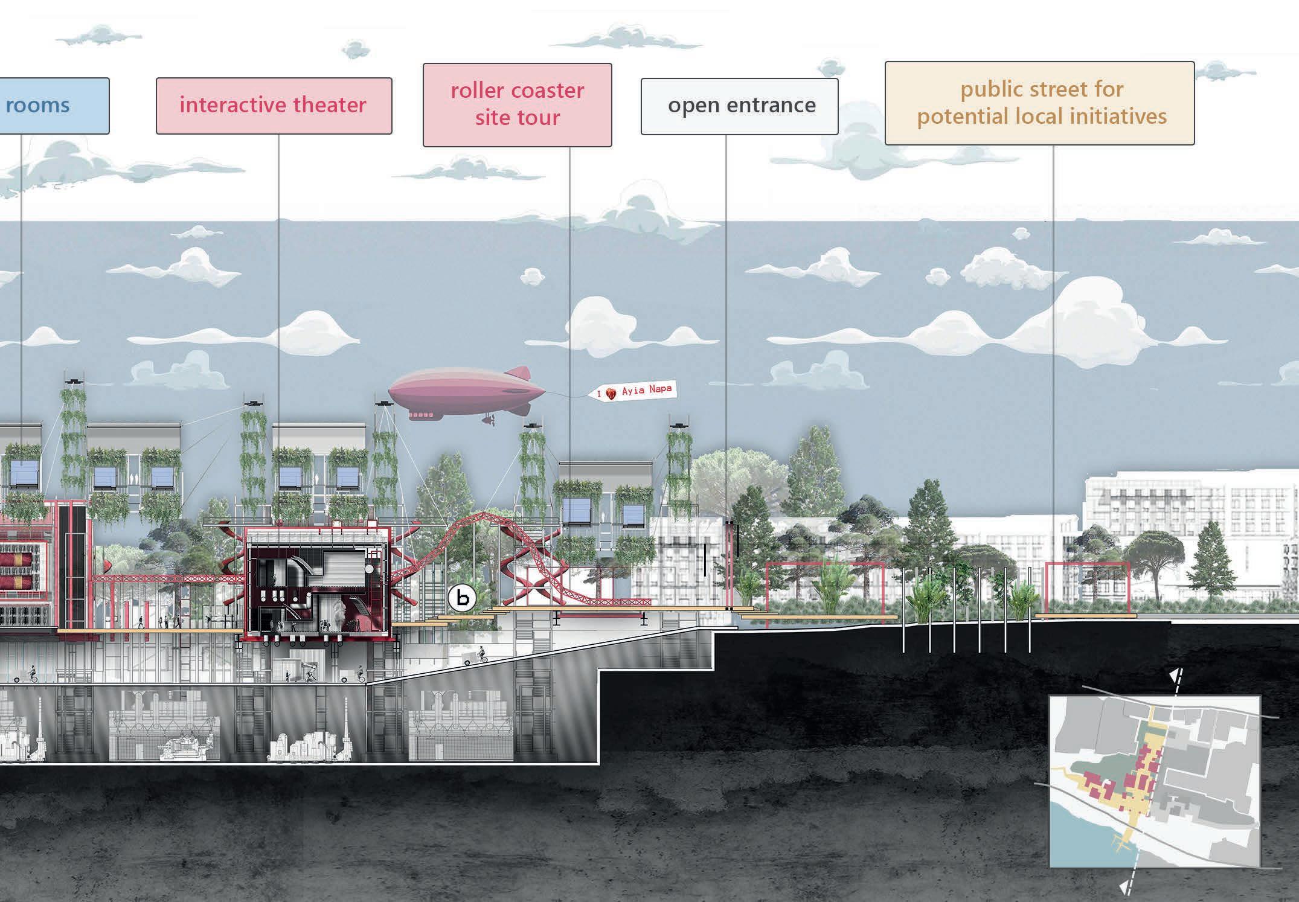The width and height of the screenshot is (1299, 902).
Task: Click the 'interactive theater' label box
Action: click(x=274, y=106)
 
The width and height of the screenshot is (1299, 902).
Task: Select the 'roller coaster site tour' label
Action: click(x=517, y=104)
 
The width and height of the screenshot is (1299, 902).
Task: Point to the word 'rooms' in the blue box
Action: click(x=37, y=106)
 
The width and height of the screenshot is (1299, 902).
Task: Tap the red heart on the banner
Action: click(x=612, y=394)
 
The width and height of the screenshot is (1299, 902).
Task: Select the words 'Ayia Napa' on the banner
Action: click(x=646, y=390)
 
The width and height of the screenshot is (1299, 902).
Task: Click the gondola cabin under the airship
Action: click(x=421, y=415)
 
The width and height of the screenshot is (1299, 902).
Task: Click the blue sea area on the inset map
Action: click(x=1081, y=833)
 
